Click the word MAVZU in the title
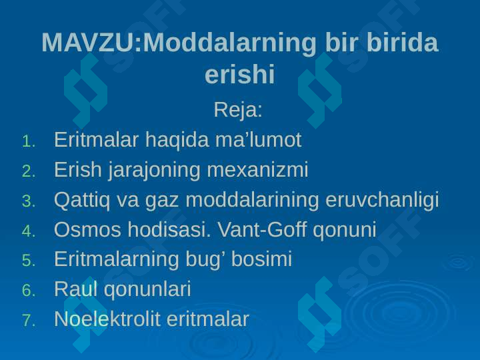click(x=88, y=42)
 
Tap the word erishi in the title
click(x=240, y=75)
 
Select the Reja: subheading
click(x=238, y=110)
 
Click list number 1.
click(x=29, y=142)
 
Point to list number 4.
click(x=29, y=231)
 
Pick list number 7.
click(x=29, y=321)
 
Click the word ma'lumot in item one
click(x=259, y=139)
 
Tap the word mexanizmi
click(x=258, y=169)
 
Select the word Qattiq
click(x=82, y=201)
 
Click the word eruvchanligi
click(x=382, y=201)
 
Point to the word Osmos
click(x=87, y=229)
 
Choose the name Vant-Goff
click(x=262, y=229)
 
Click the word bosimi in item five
click(x=261, y=259)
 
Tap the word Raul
click(x=76, y=289)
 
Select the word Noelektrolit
click(x=107, y=319)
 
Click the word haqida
click(x=177, y=140)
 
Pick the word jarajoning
click(x=155, y=170)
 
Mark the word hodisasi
click(x=169, y=229)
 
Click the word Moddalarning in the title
click(x=229, y=43)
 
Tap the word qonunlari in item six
click(x=147, y=289)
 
